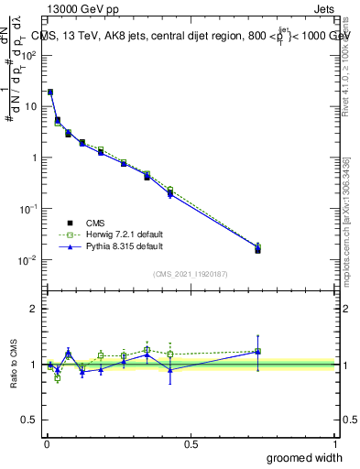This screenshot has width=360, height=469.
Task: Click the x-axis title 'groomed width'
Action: pyautogui.click(x=307, y=457)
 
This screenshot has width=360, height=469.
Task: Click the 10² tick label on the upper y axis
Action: pyautogui.click(x=27, y=55)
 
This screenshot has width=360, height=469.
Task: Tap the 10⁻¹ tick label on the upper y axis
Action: pyautogui.click(x=27, y=209)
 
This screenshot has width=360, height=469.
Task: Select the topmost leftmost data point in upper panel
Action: pyautogui.click(x=50, y=92)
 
